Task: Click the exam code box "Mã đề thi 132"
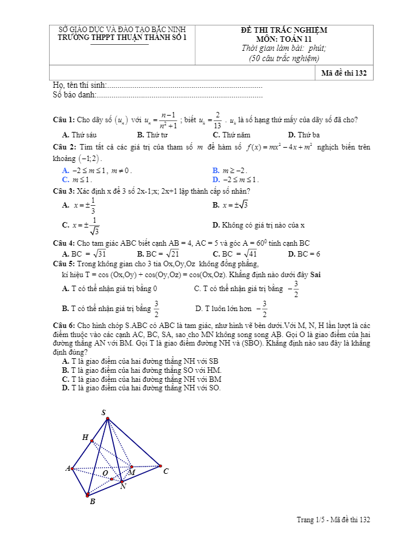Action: [x=344, y=73]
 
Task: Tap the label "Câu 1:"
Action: [x=64, y=119]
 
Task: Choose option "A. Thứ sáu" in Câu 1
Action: [x=79, y=135]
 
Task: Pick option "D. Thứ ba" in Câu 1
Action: [x=304, y=135]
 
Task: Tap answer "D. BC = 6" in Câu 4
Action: [x=304, y=254]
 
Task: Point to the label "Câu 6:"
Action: [x=64, y=325]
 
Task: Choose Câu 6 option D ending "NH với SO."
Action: [x=141, y=388]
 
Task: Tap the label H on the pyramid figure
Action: [x=85, y=437]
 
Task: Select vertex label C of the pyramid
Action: [x=166, y=471]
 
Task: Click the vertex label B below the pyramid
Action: [x=92, y=502]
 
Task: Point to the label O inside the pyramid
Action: [x=105, y=473]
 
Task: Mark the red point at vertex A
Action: [x=73, y=468]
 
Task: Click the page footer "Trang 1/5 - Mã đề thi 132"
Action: [x=333, y=520]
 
